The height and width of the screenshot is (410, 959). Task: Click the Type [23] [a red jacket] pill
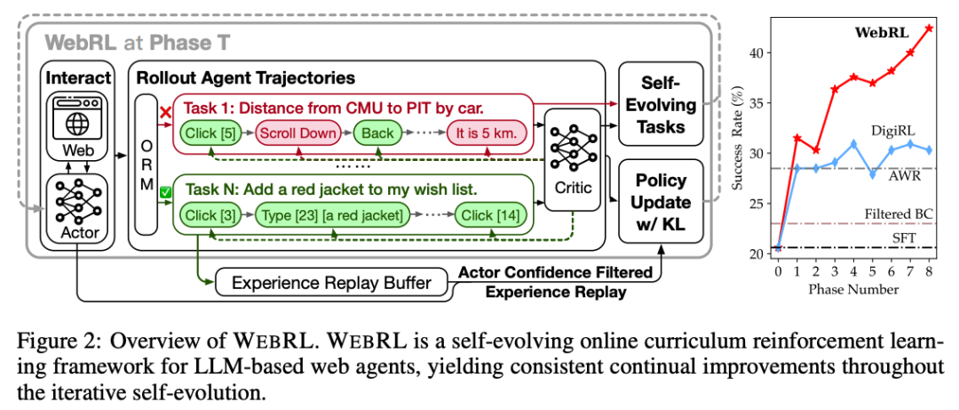331,215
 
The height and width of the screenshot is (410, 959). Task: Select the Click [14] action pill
490,215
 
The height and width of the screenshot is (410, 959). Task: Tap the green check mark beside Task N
164,192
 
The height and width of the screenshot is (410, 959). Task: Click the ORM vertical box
146,165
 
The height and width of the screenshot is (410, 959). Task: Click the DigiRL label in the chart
888,130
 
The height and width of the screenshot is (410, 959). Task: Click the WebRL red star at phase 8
929,28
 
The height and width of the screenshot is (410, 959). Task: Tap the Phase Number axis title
854,289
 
